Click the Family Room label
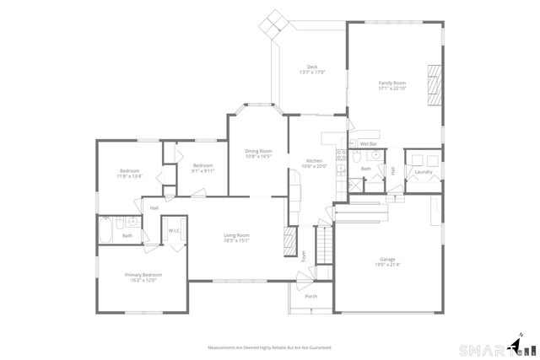(x=393, y=83)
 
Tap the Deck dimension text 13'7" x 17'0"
(x=311, y=73)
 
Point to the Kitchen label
(x=302, y=160)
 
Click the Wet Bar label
(x=367, y=144)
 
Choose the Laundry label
(x=423, y=172)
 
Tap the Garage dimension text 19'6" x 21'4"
(x=387, y=265)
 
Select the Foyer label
(x=304, y=255)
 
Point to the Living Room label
(x=236, y=235)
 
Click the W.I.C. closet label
(x=175, y=231)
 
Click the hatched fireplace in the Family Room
(x=435, y=84)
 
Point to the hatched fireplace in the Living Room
(x=289, y=238)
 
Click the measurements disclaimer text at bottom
(x=269, y=347)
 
